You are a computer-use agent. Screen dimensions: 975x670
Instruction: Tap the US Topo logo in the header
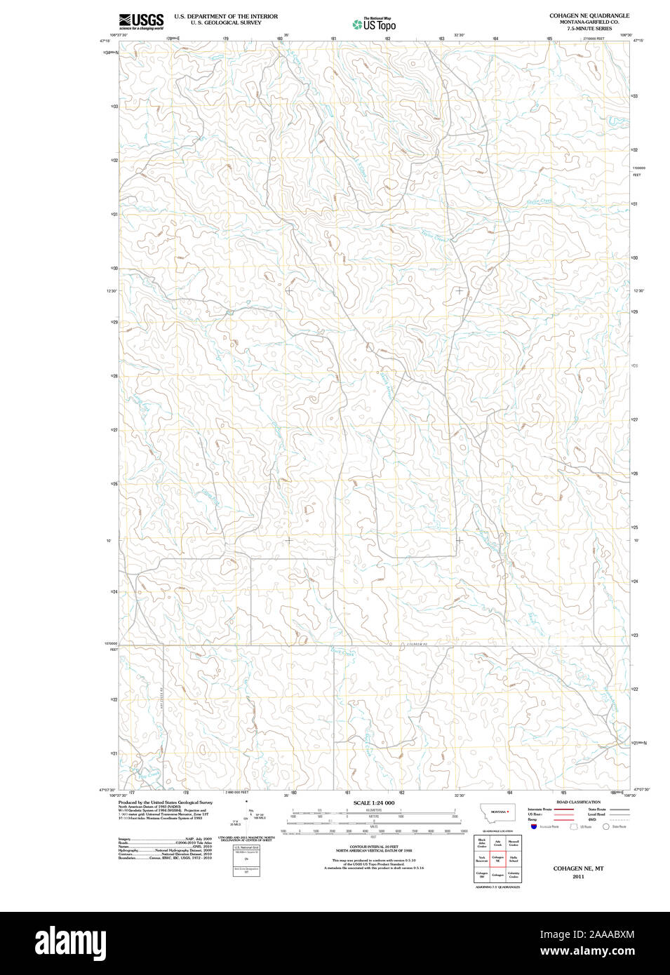(x=374, y=25)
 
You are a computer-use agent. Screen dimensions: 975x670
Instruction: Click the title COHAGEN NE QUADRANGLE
(x=589, y=15)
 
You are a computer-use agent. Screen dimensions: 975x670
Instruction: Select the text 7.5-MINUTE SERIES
(x=589, y=29)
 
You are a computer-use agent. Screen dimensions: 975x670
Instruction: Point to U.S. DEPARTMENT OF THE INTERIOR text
(x=226, y=16)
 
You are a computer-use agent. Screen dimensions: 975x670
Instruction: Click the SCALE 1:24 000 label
(x=373, y=803)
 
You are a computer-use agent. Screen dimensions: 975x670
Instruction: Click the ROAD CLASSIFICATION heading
(x=577, y=802)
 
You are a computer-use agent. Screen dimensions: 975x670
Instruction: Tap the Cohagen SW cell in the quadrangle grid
(x=481, y=876)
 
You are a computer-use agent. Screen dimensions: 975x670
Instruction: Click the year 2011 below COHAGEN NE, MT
(x=578, y=877)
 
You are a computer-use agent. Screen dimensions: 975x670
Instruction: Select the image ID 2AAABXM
(x=601, y=934)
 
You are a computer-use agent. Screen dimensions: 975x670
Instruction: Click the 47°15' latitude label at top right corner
(x=638, y=41)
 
